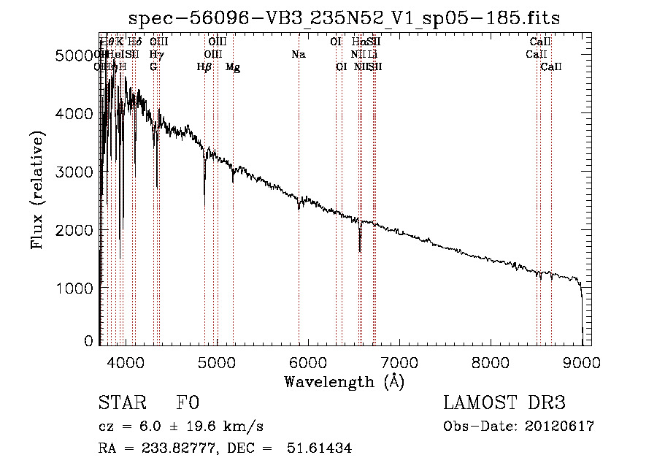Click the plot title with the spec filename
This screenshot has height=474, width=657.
point(344,18)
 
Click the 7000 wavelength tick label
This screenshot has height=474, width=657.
point(399,362)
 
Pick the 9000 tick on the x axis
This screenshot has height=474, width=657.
point(582,362)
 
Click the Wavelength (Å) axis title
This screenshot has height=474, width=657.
point(344,381)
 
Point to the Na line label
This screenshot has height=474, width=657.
point(298,55)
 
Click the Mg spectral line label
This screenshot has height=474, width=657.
point(233,67)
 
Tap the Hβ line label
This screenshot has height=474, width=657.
point(204,67)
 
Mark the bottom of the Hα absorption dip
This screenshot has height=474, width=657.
point(360,251)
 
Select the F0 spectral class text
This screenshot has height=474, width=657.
point(188,404)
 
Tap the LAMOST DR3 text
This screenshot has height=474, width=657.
point(504,404)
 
